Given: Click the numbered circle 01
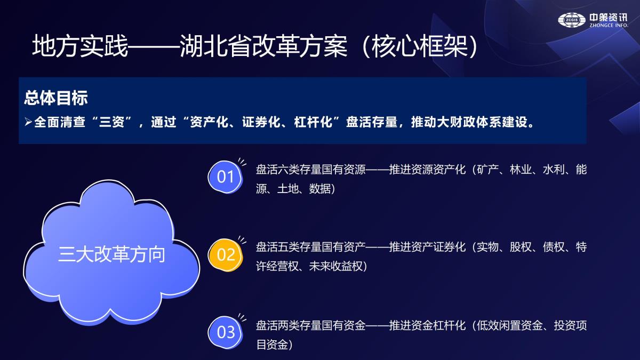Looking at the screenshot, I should [x=226, y=177].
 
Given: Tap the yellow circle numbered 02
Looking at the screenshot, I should [x=226, y=254].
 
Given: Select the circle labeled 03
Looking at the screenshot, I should [x=226, y=332].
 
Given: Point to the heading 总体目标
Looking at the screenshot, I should [x=55, y=98].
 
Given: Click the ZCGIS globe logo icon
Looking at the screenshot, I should [x=571, y=20].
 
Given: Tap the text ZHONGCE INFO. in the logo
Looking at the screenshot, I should [x=609, y=25].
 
